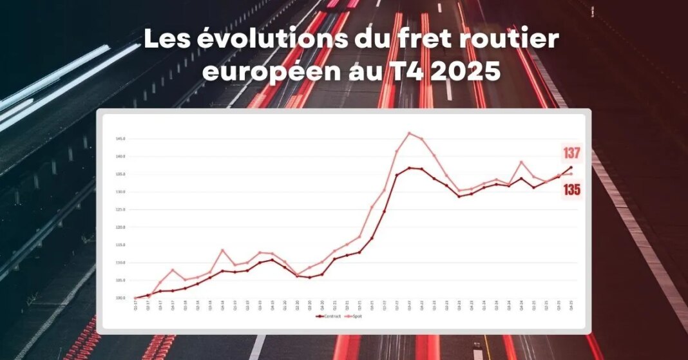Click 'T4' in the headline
point(406,71)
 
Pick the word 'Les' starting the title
point(167,40)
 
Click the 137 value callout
point(572,153)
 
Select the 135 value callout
point(572,189)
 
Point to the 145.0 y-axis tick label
point(120,138)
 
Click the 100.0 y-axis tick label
point(120,298)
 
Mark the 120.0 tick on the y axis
point(120,227)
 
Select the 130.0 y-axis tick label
point(120,192)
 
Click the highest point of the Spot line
point(409,133)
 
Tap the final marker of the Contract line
point(571,167)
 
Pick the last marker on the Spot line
point(571,174)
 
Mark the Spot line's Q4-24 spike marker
point(521,162)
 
